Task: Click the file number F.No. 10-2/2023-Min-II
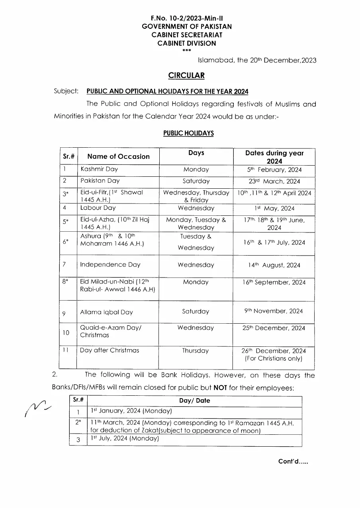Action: tap(186, 18)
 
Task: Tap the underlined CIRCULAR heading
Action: tap(186, 75)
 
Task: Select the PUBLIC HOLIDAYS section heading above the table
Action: tap(188, 133)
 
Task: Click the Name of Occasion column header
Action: tap(118, 156)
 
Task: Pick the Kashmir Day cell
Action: tap(99, 169)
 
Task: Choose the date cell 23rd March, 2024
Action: tap(274, 182)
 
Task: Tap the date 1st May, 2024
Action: tap(274, 208)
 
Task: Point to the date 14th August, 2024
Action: tap(274, 265)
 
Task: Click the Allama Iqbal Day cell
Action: tap(106, 313)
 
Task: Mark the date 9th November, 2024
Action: tap(274, 311)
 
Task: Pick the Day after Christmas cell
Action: tap(110, 351)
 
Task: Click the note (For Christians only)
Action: tap(274, 359)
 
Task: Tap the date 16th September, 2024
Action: tap(274, 282)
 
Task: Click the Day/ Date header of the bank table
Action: tap(194, 401)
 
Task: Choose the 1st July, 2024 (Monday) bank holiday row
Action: tap(124, 439)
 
